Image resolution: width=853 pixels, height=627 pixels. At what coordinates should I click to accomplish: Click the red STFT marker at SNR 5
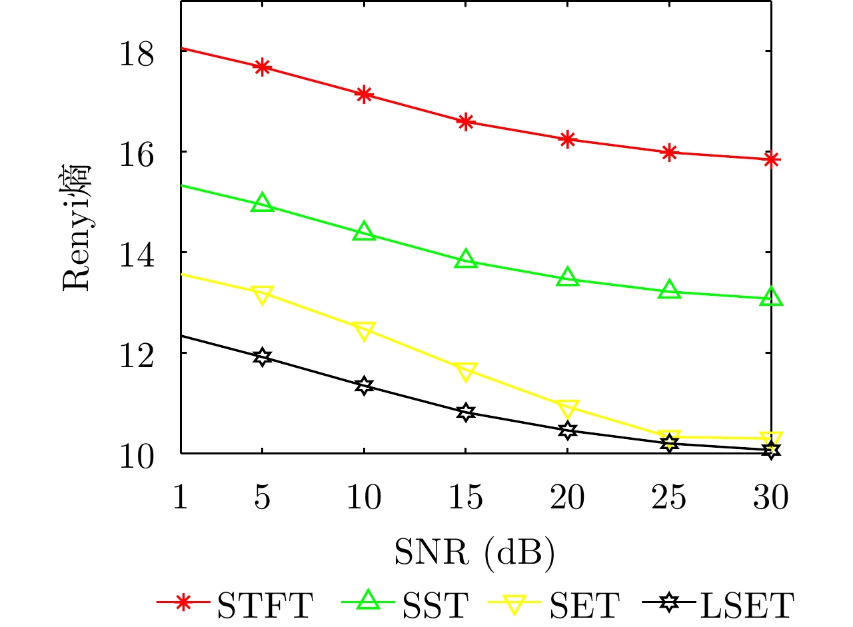point(263,67)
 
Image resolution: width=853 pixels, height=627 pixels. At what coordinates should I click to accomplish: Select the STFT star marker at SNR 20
point(568,139)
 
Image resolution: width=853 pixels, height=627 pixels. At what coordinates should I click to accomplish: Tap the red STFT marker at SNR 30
point(772,159)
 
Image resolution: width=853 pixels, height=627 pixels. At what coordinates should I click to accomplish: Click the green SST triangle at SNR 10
point(364,233)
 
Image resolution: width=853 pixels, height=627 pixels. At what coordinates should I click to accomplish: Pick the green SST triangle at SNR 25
point(670,291)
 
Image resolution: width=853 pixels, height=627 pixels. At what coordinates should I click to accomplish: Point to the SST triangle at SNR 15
point(466,260)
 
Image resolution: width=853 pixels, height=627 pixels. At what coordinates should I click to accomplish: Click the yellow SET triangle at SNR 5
point(263,294)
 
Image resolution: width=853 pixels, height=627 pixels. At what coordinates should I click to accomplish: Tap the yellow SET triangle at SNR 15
point(466,371)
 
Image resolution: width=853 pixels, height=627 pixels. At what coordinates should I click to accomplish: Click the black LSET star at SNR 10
point(364,386)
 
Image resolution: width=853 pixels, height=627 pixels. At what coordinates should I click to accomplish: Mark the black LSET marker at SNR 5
point(263,357)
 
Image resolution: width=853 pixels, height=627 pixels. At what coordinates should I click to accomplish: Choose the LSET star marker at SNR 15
point(466,412)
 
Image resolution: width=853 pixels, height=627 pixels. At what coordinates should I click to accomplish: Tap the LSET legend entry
point(720,604)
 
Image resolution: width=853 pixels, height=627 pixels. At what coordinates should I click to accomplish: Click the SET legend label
point(586,604)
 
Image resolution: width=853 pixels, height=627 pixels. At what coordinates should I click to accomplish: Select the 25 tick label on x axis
point(670,497)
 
